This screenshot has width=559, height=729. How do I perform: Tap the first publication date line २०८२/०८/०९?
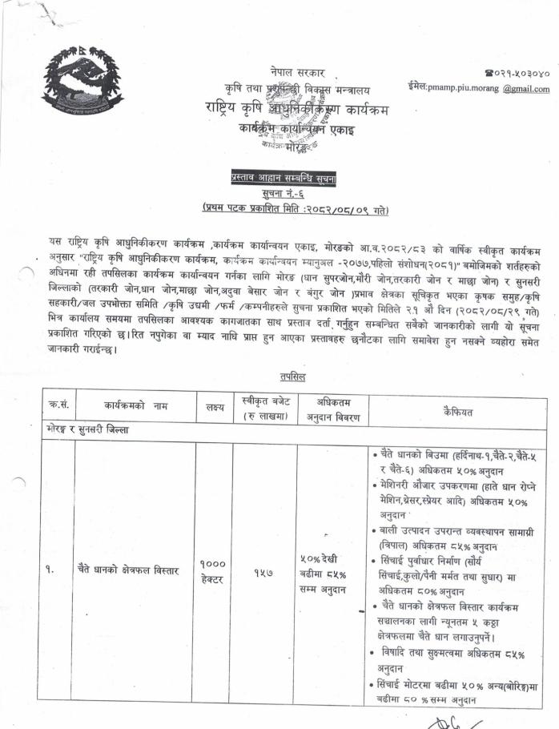pos(296,210)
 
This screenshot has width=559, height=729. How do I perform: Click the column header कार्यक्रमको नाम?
pos(134,407)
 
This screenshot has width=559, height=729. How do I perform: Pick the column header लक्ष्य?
pos(214,408)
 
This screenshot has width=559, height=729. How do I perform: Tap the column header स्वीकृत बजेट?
pos(263,408)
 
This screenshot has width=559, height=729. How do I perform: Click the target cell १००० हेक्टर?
pos(212,570)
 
